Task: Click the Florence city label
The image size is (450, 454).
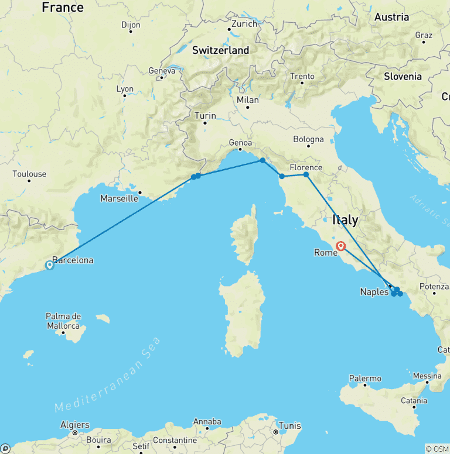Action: tap(306, 167)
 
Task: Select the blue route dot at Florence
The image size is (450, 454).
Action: tap(306, 174)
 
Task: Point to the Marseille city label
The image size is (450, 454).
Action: tap(119, 198)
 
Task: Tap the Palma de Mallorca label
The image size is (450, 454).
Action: tap(63, 321)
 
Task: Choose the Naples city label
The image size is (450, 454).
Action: tap(374, 292)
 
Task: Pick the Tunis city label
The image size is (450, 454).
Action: tap(289, 425)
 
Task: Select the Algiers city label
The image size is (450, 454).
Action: tap(74, 425)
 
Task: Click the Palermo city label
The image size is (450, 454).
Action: tap(364, 379)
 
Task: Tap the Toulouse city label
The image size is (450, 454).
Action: tap(29, 174)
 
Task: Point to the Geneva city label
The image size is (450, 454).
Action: tap(162, 71)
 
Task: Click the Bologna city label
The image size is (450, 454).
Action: tap(308, 139)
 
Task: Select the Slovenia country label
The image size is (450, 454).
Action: tap(403, 76)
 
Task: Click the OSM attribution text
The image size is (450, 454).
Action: tap(437, 449)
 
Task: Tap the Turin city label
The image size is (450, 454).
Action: tap(205, 116)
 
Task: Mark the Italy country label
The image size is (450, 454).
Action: tap(345, 221)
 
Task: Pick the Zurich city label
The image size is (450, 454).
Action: tap(244, 24)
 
